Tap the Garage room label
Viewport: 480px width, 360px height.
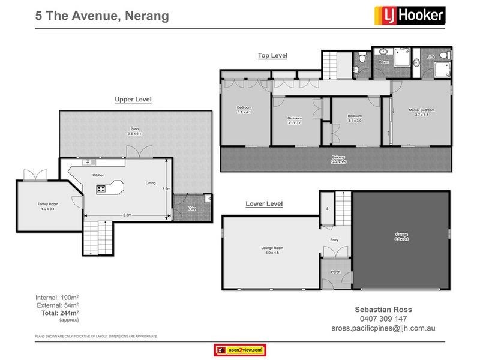[401, 236]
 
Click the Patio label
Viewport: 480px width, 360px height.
[136, 131]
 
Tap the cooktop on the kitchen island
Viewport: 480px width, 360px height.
[101, 189]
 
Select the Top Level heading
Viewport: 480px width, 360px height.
[272, 56]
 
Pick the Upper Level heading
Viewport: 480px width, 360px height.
[133, 99]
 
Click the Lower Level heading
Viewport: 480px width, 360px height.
[264, 204]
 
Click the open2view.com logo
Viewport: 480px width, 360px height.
[240, 350]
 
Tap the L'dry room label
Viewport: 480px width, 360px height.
[192, 209]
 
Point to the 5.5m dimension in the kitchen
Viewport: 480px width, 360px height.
[127, 215]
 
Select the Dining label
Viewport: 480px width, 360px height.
[152, 184]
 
